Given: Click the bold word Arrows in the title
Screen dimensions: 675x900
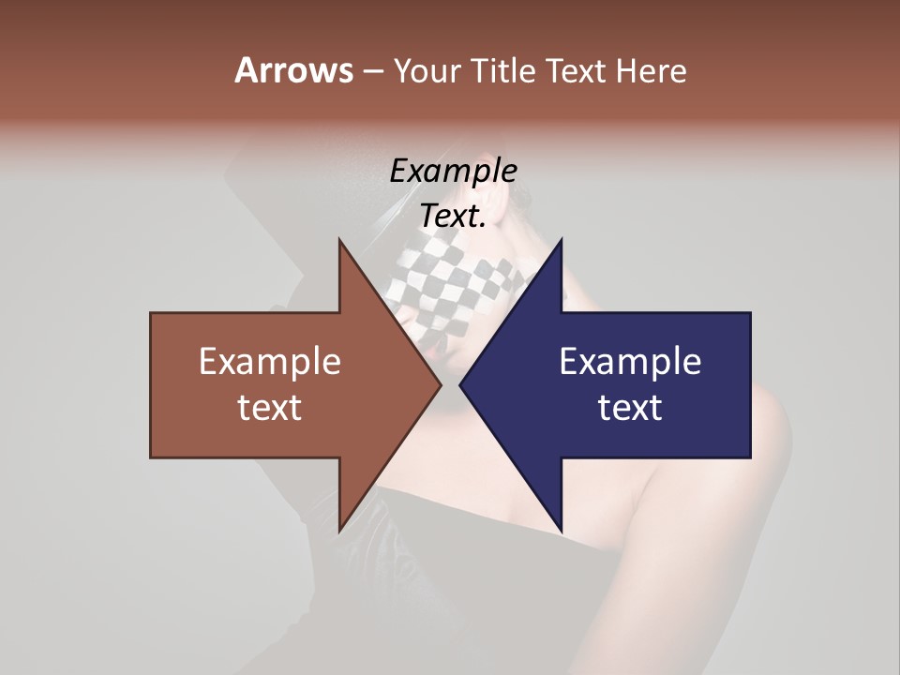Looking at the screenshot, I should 293,70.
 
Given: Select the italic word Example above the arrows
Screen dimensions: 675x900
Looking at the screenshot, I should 453,171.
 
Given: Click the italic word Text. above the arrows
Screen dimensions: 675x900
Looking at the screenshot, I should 453,217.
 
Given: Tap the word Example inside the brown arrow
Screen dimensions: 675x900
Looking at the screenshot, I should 270,361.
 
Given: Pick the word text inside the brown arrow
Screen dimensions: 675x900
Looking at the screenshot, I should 270,407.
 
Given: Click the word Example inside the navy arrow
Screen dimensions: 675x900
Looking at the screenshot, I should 630,361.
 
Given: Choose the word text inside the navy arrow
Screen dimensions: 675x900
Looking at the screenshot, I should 630,407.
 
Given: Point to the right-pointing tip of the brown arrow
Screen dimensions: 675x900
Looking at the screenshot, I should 441,385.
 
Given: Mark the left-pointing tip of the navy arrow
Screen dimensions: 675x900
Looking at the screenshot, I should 460,385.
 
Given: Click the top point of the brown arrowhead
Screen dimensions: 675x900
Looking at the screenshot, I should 339,241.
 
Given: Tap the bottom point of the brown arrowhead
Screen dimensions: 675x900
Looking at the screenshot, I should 339,531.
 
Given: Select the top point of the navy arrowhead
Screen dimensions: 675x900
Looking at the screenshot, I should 561,241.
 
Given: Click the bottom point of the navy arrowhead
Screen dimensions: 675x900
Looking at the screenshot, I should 561,531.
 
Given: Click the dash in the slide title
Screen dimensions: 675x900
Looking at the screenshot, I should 372,71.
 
